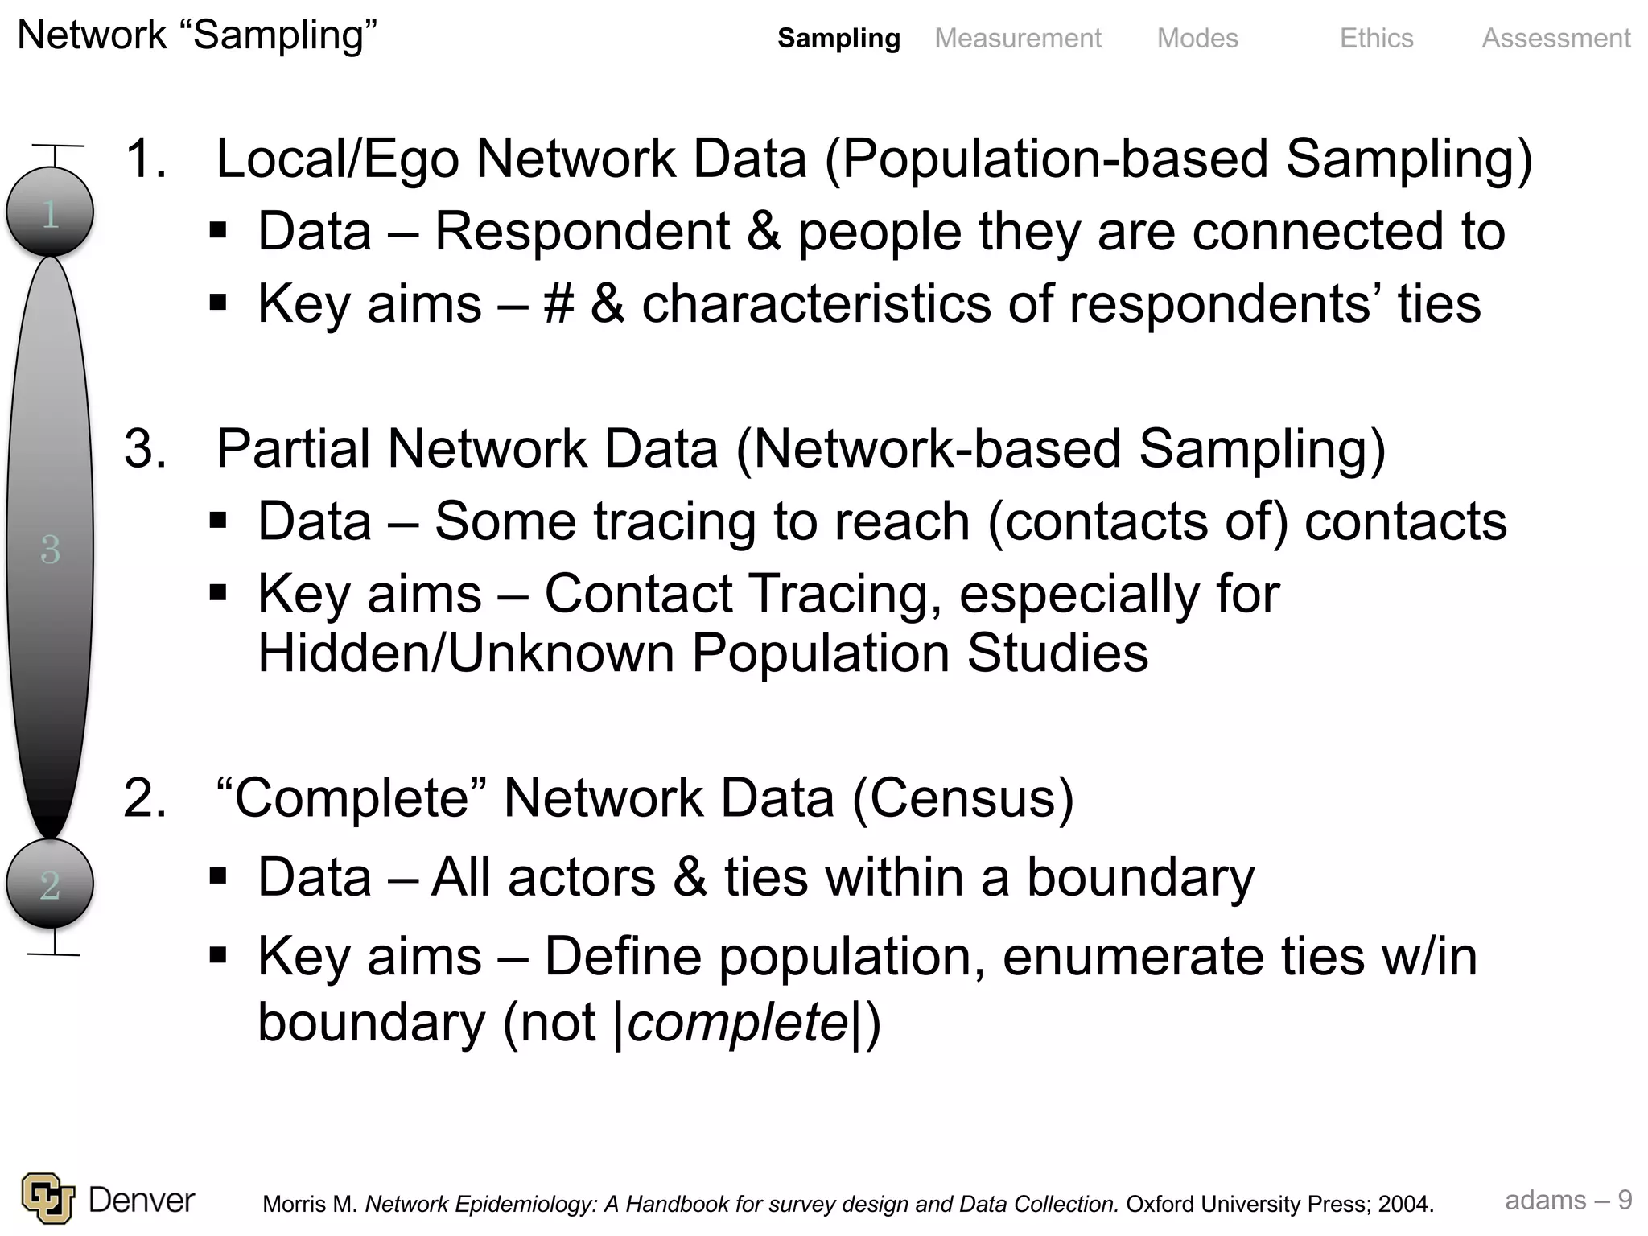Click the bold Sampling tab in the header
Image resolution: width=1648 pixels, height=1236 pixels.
point(838,38)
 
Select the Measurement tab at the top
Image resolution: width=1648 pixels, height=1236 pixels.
point(1018,38)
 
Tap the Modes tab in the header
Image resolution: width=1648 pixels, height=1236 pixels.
point(1197,38)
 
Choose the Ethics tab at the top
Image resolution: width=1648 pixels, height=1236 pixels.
point(1376,38)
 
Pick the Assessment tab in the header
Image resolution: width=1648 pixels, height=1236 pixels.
point(1556,38)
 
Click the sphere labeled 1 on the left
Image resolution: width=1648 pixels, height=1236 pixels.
point(50,213)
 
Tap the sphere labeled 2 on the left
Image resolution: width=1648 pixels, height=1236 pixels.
point(50,884)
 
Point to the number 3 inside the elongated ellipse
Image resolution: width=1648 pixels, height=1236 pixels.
point(50,550)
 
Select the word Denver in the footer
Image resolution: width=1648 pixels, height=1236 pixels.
point(142,1200)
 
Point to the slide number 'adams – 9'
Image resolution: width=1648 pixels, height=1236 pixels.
point(1568,1200)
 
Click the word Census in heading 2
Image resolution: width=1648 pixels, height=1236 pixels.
point(962,798)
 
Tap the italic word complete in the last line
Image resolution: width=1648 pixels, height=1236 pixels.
point(737,1023)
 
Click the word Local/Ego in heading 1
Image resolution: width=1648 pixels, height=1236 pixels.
point(338,159)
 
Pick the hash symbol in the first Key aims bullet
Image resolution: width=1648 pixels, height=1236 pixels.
point(558,304)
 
